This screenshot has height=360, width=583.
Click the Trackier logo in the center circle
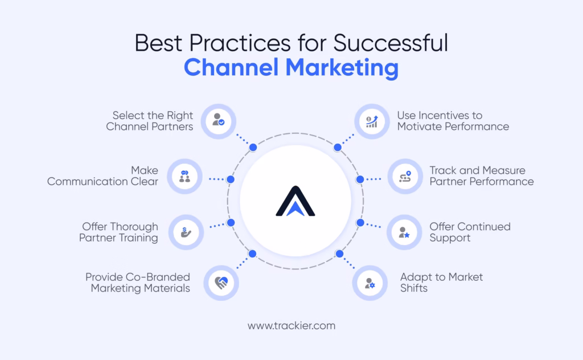[x=295, y=201]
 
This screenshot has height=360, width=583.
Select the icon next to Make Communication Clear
[x=185, y=176]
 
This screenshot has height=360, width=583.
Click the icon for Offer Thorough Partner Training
[x=186, y=232]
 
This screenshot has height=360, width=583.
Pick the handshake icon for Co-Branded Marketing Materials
[x=221, y=283]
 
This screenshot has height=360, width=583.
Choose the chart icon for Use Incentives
[x=372, y=121]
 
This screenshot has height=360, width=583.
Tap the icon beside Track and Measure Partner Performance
[x=405, y=176]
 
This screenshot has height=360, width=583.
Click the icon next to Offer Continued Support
[x=404, y=232]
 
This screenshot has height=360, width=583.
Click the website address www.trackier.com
[x=291, y=326]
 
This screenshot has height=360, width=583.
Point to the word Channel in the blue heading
[x=231, y=67]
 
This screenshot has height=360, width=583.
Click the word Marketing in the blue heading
[x=342, y=68]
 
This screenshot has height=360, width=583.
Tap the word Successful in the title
[x=391, y=43]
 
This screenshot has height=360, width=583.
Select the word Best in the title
[x=158, y=43]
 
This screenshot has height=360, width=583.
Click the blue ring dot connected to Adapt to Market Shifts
[x=339, y=254]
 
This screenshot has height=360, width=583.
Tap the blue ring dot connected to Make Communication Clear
[x=231, y=179]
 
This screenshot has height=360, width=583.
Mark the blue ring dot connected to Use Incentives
[x=338, y=148]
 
